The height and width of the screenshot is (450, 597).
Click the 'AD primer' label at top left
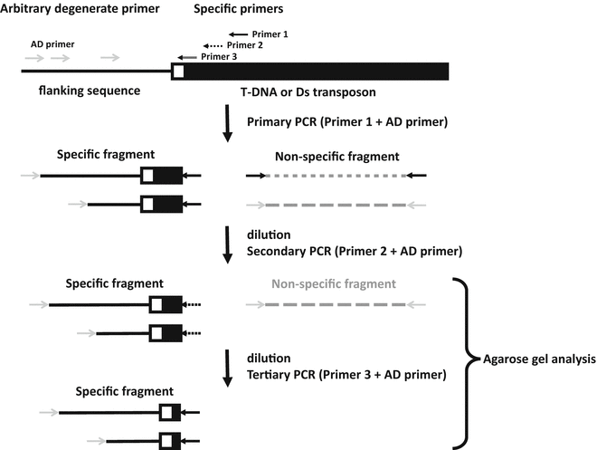[x=53, y=43]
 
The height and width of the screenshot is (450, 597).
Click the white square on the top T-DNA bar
[x=179, y=71]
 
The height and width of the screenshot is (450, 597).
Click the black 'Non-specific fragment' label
[x=336, y=156]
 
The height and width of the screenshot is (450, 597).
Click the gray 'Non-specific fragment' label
[x=333, y=283]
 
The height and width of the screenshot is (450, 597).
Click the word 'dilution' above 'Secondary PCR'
[x=271, y=231]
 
